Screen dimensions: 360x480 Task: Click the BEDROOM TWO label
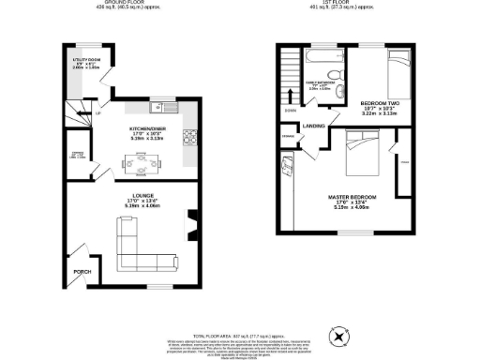380,105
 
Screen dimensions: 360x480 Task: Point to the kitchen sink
161,105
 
